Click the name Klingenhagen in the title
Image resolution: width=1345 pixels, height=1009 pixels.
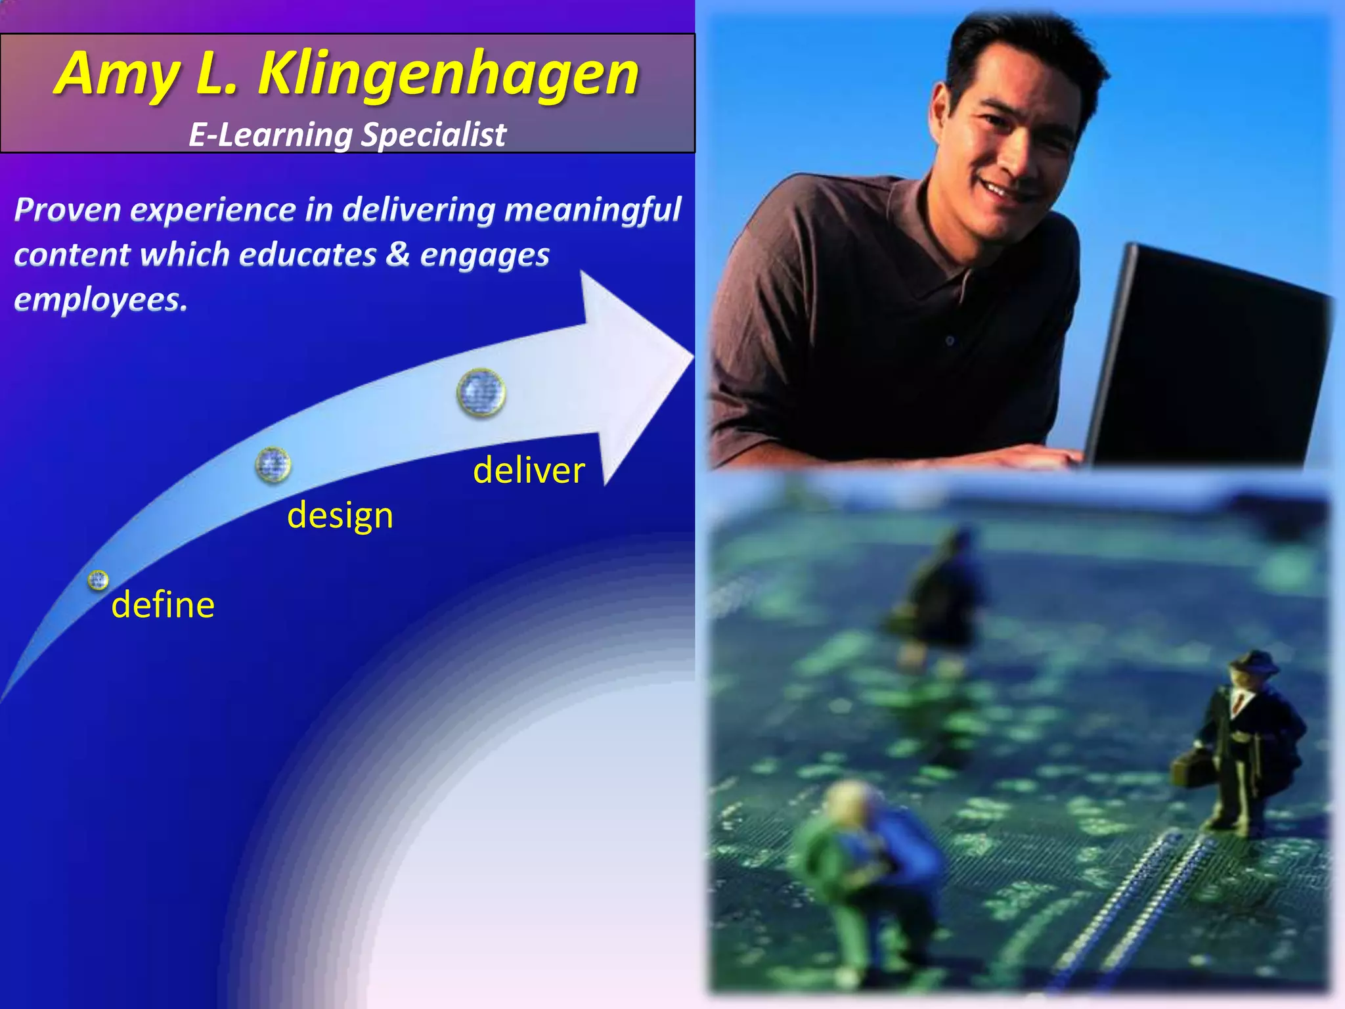[x=448, y=74]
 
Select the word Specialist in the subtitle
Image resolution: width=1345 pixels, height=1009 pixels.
[x=433, y=135]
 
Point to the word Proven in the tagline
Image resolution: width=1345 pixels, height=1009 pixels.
[x=68, y=210]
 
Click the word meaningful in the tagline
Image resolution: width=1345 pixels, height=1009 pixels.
[x=592, y=210]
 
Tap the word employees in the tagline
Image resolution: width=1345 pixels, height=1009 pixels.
[x=100, y=300]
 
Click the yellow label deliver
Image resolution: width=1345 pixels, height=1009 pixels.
[x=529, y=471]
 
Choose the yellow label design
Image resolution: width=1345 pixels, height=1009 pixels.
[x=340, y=516]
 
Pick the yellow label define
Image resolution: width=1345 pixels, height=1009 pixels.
[x=163, y=605]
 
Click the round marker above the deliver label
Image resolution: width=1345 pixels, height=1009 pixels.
[x=481, y=393]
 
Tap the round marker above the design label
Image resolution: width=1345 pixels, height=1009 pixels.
[x=273, y=464]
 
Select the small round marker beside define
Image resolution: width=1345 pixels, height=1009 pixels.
[x=99, y=580]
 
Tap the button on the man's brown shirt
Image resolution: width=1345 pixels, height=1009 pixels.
[x=950, y=340]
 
